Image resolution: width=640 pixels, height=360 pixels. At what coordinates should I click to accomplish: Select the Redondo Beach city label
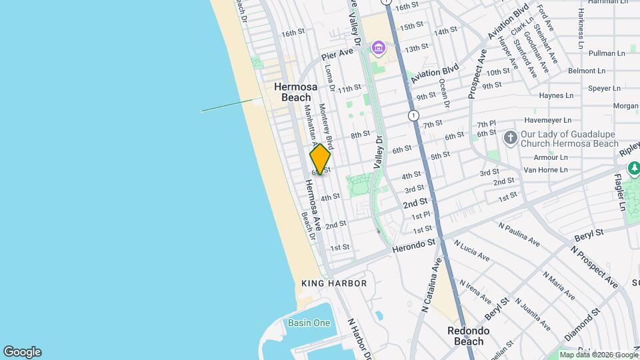click(468, 336)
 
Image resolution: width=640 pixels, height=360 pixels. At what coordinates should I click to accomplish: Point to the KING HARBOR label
click(334, 283)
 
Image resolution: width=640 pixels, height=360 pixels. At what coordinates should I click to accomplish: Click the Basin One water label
click(309, 323)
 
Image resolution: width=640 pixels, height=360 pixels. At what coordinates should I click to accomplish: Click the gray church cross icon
click(511, 138)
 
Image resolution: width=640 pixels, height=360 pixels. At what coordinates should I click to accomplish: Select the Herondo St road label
click(413, 246)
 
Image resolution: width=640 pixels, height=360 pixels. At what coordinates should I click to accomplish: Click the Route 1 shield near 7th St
click(414, 116)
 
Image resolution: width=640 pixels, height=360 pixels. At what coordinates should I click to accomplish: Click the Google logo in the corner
click(22, 352)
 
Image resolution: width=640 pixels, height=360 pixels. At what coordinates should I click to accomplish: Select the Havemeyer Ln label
click(547, 121)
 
